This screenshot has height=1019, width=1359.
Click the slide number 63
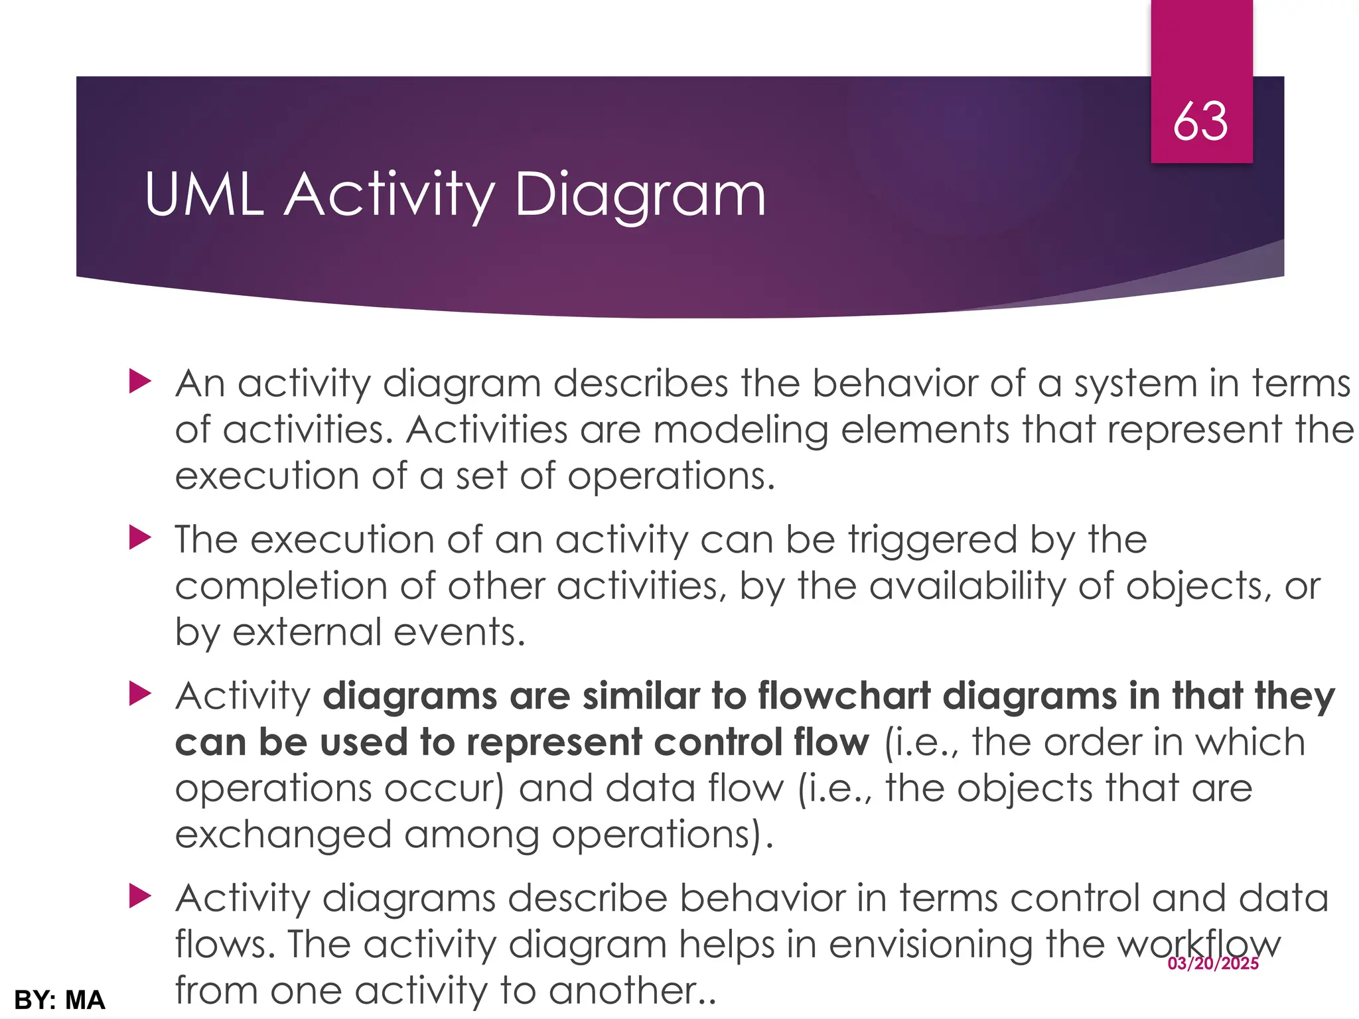coord(1200,121)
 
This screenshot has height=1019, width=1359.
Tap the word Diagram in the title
coord(640,196)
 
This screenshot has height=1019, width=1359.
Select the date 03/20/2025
coord(1213,963)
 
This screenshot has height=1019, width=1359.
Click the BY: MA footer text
coord(60,1000)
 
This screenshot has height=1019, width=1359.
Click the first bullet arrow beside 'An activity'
coord(140,382)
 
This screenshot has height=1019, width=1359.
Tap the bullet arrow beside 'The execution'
coord(140,537)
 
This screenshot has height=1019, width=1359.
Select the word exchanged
coord(283,835)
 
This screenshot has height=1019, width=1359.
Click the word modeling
coord(741,430)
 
